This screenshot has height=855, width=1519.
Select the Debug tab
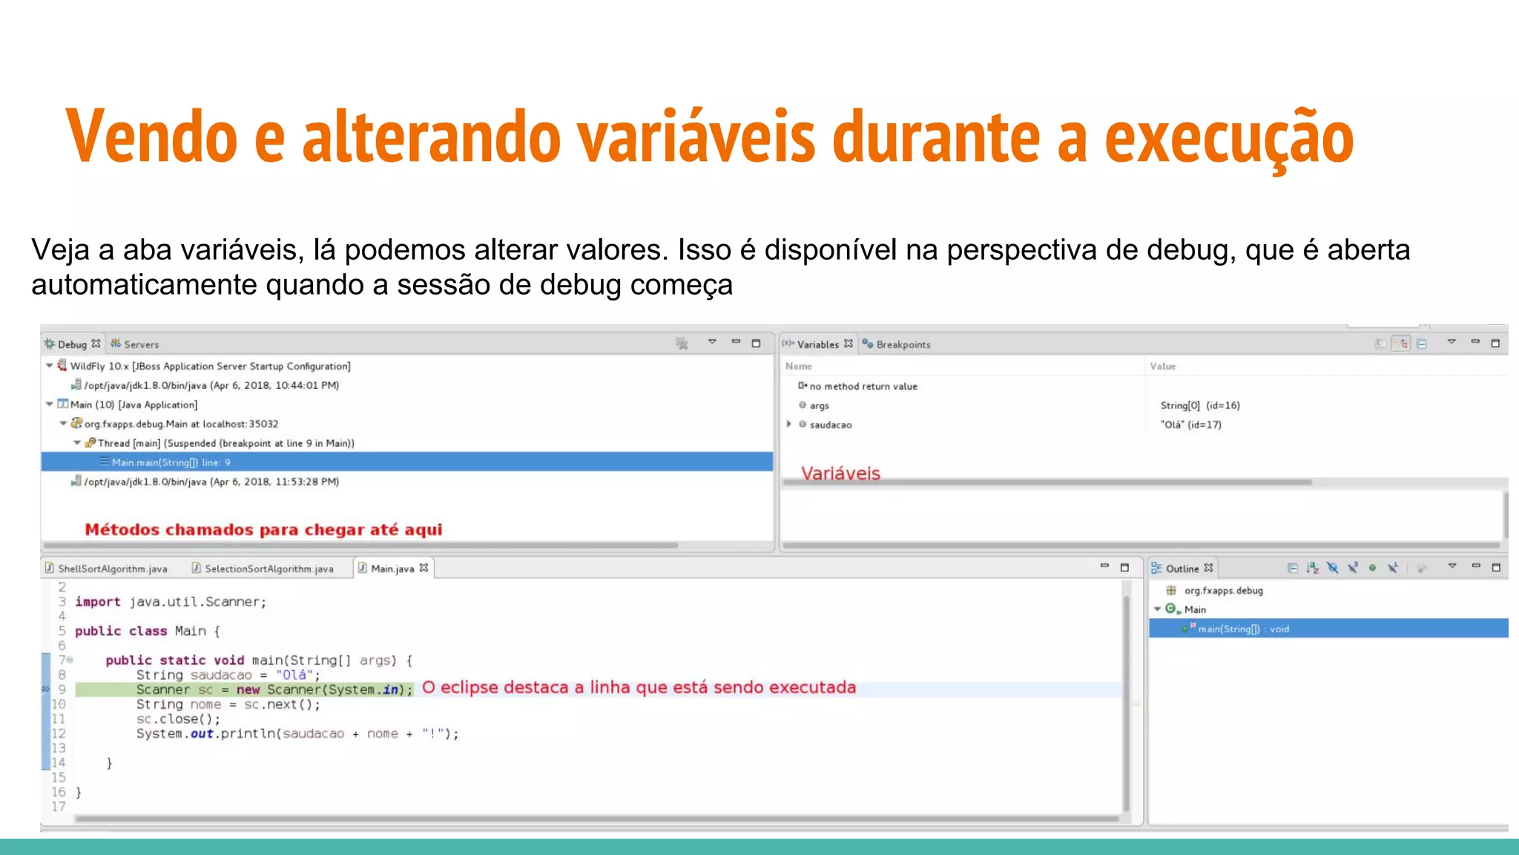click(x=72, y=344)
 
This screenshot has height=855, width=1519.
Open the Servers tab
click(x=141, y=344)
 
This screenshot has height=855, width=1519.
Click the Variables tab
click(x=817, y=344)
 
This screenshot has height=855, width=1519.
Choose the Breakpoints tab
click(x=903, y=344)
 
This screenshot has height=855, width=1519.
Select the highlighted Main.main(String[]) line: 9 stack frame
click(x=171, y=462)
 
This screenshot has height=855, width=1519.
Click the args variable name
click(x=819, y=406)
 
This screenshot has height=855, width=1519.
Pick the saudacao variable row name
click(x=831, y=425)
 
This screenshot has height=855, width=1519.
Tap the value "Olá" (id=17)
click(x=1190, y=425)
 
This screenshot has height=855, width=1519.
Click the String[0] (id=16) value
click(x=1199, y=406)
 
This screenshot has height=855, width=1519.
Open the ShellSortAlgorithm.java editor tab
click(x=112, y=569)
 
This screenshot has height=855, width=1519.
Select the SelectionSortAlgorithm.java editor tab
click(x=268, y=569)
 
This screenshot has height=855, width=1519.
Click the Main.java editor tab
click(x=392, y=569)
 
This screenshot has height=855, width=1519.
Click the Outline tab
click(x=1182, y=569)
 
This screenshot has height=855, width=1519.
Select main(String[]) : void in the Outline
click(x=1243, y=629)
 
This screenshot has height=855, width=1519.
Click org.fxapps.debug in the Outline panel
click(x=1223, y=591)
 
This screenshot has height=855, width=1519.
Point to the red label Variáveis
click(x=840, y=474)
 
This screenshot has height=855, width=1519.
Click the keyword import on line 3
click(x=97, y=602)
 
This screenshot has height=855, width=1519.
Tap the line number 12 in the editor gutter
click(x=59, y=734)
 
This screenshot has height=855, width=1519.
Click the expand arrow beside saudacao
click(x=789, y=425)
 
